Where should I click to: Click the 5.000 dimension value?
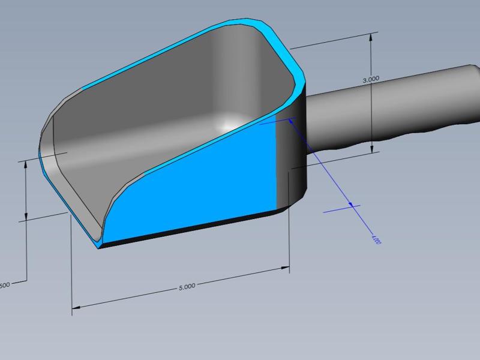tap(187, 287)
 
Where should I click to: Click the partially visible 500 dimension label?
tap(4, 284)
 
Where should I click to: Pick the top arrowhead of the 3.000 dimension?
tap(373, 37)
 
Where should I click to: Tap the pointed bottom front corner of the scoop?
tap(99, 246)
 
